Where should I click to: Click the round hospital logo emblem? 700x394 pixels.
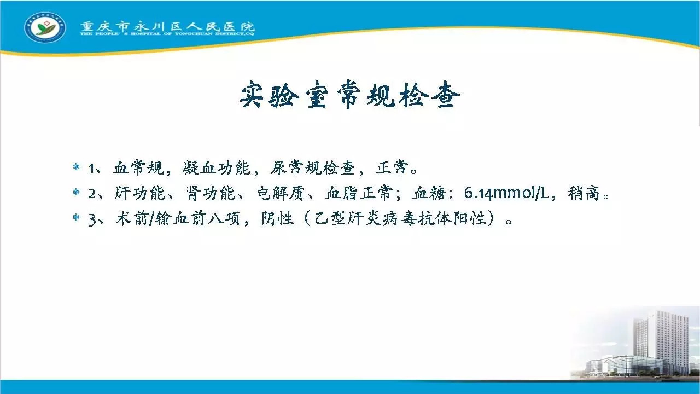[45, 27]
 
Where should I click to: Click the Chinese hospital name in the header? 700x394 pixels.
[167, 26]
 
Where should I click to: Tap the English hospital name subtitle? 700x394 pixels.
[167, 33]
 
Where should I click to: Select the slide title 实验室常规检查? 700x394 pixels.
[350, 95]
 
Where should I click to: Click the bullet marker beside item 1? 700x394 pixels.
[76, 167]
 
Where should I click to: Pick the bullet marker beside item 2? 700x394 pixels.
[76, 192]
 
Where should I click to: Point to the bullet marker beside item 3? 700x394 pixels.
[76, 217]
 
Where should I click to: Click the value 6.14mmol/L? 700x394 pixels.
[506, 193]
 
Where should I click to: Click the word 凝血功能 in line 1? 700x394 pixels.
[216, 167]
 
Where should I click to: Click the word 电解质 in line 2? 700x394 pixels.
[281, 193]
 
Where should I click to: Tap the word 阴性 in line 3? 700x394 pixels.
[277, 218]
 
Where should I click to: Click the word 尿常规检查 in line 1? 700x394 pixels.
[313, 167]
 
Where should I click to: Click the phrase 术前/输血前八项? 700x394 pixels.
[178, 218]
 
